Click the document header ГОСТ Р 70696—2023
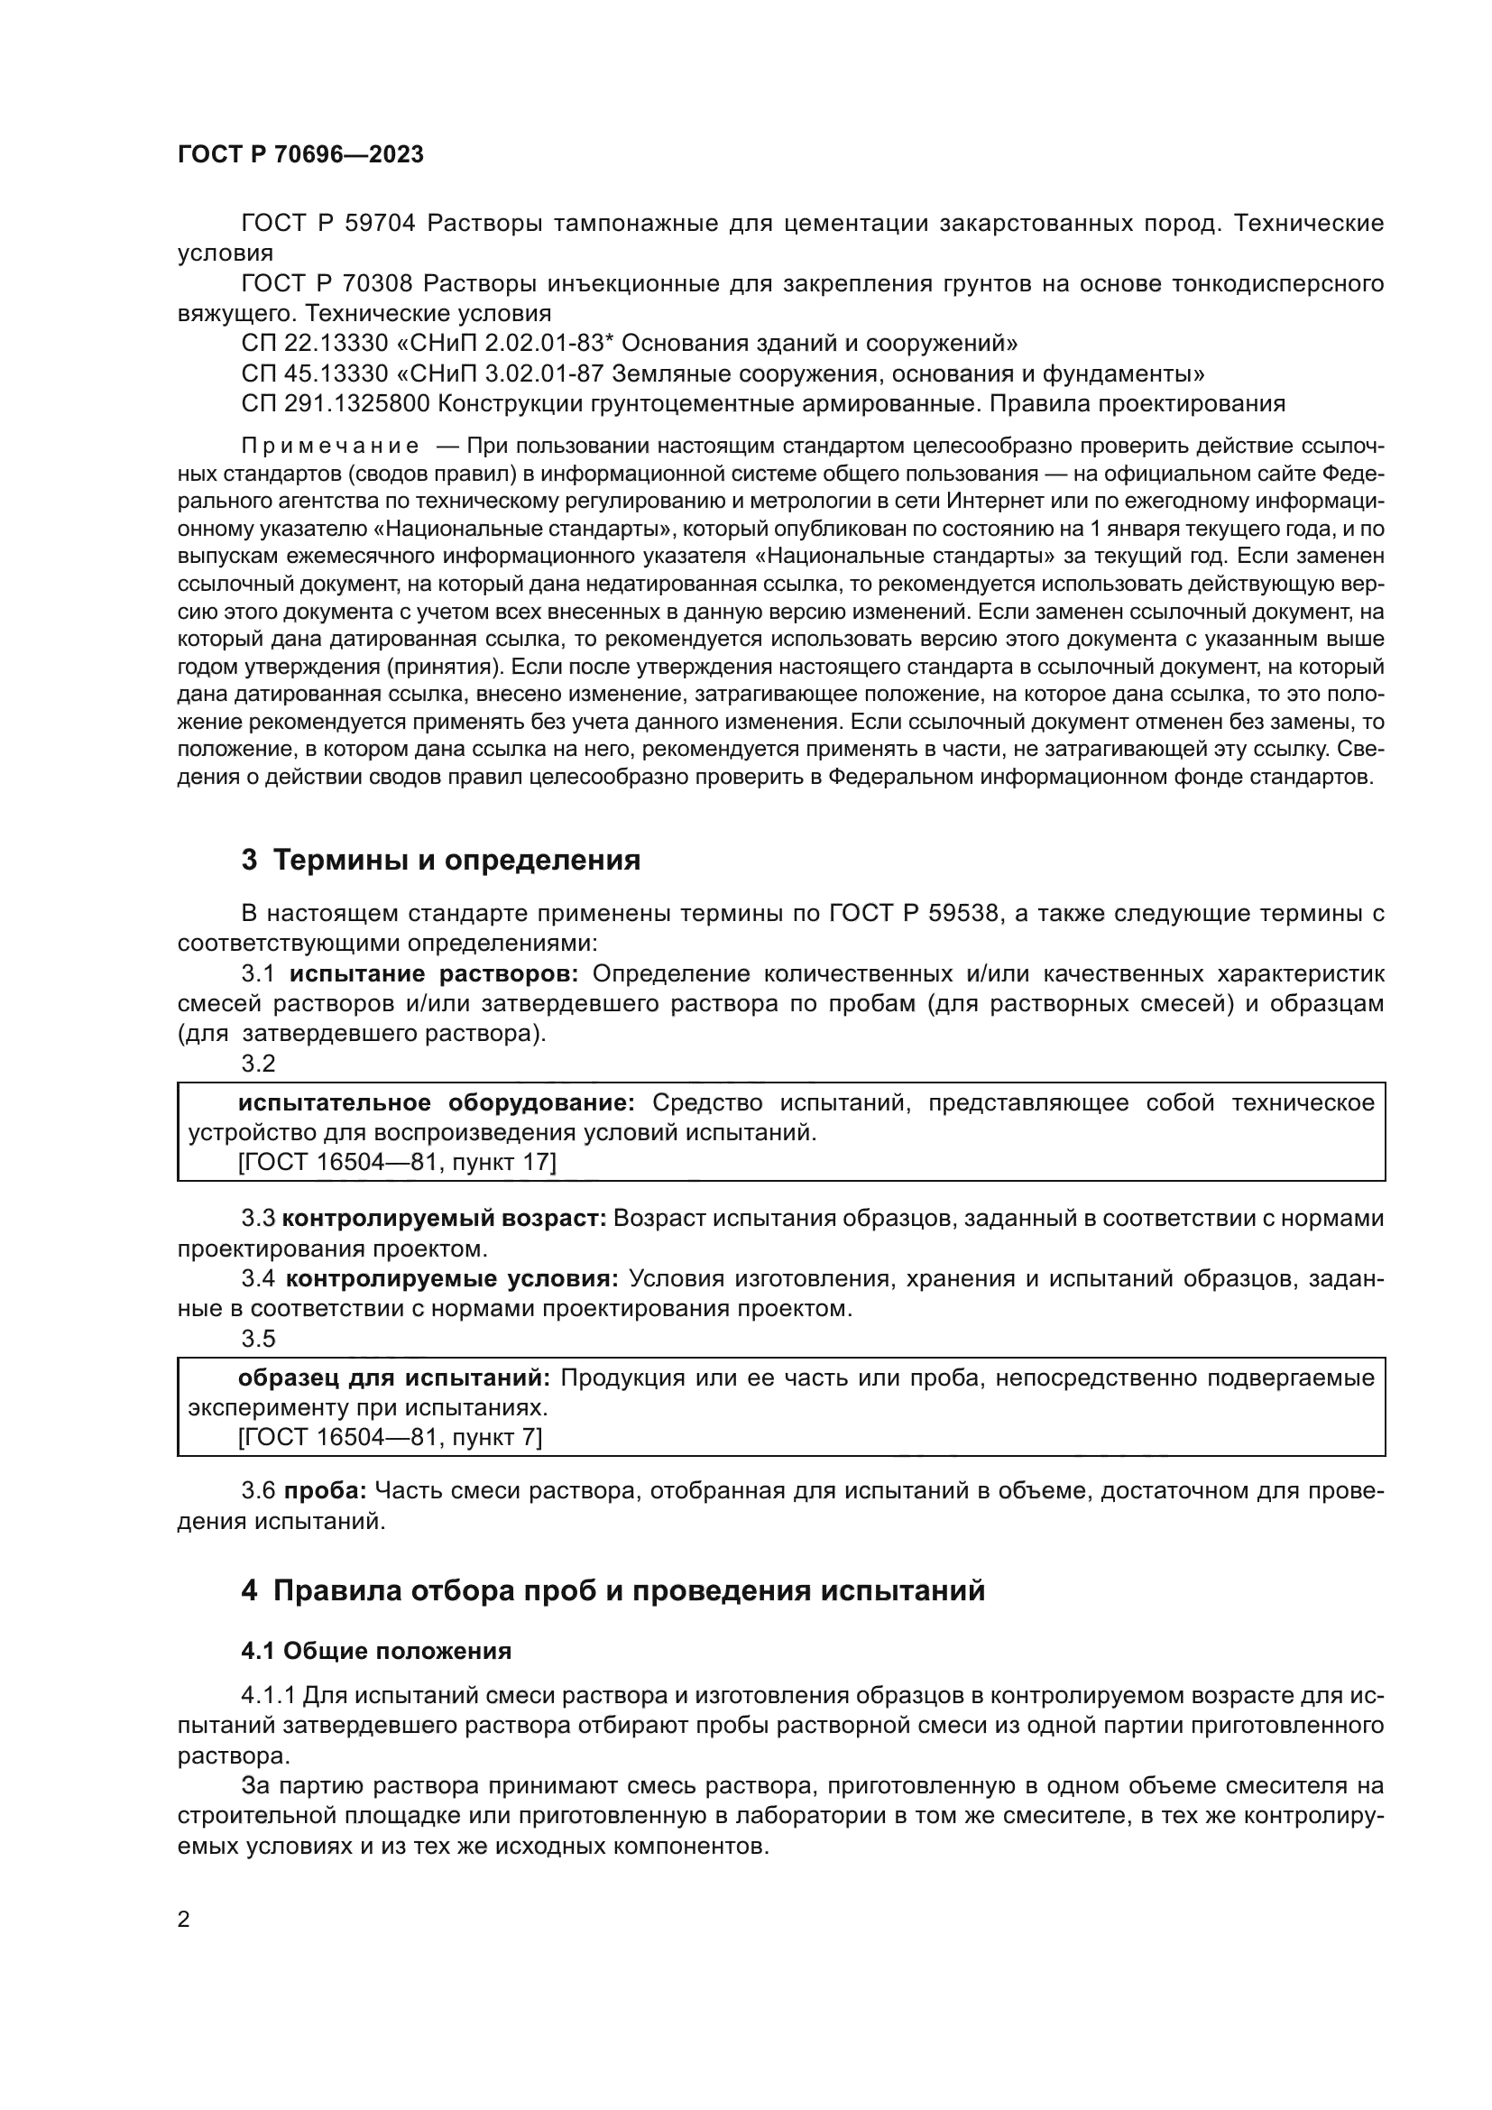click(x=300, y=154)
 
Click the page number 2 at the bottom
click(x=183, y=1919)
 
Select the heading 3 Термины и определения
click(x=440, y=861)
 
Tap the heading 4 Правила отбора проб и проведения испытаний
click(x=612, y=1590)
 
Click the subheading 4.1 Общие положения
click(x=376, y=1652)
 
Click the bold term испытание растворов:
click(x=434, y=974)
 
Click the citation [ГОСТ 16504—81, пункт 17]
click(x=397, y=1163)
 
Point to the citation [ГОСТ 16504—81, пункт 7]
click(x=390, y=1437)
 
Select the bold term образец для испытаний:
click(x=393, y=1377)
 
